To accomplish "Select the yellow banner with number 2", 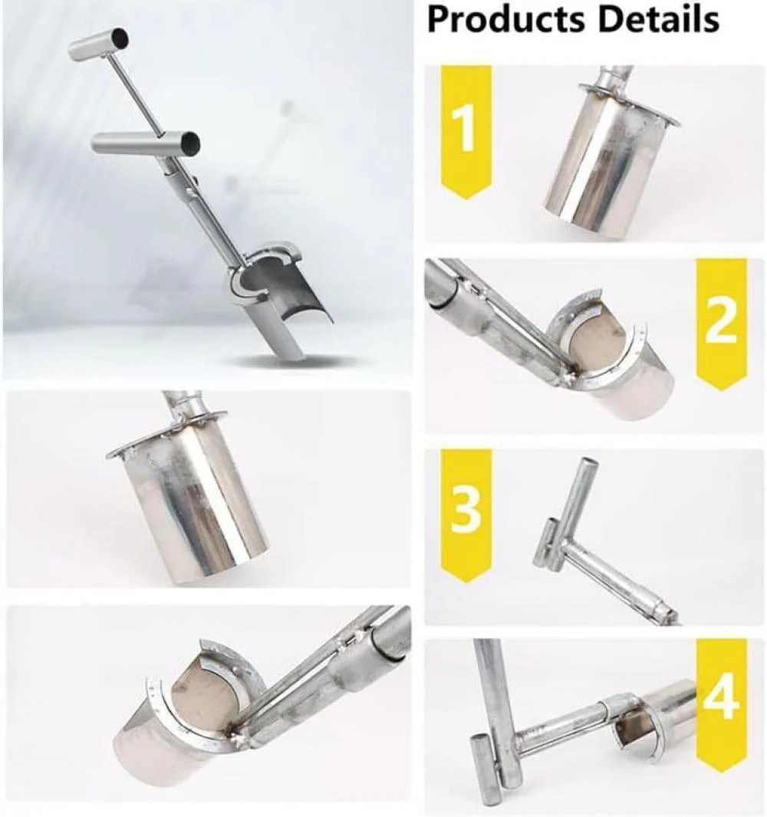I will [720, 322].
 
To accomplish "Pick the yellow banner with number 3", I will [466, 512].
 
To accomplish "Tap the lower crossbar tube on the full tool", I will [146, 142].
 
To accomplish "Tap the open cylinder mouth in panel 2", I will [606, 338].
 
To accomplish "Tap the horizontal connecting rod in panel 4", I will [568, 725].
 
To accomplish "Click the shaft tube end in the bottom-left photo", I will [387, 637].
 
